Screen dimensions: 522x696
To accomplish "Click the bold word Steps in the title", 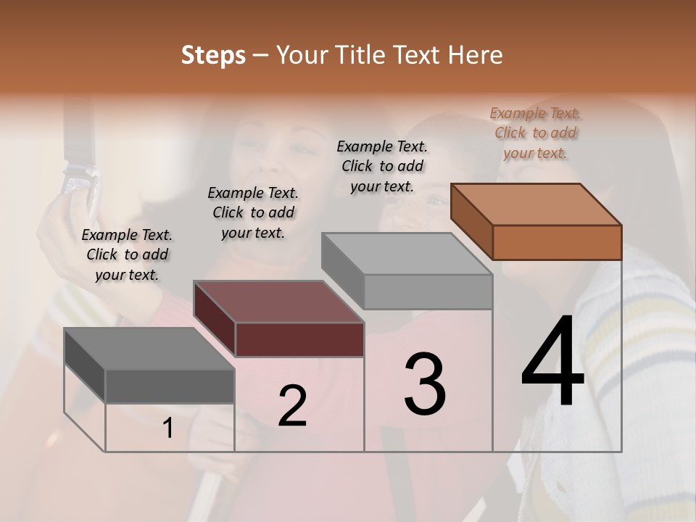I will [212, 56].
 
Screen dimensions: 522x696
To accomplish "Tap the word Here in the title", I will [475, 56].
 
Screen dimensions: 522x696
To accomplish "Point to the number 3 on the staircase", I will [424, 384].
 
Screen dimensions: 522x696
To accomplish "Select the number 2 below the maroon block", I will [292, 406].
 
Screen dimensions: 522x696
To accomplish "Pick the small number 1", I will [167, 428].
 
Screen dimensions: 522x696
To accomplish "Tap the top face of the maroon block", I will [279, 302].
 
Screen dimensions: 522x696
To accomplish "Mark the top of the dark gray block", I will [149, 349].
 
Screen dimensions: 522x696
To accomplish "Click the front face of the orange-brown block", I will [557, 242].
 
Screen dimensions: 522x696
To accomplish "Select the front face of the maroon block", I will [299, 339].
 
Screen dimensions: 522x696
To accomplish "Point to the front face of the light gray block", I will [428, 291].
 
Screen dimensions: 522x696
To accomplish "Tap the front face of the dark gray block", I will [170, 386].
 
